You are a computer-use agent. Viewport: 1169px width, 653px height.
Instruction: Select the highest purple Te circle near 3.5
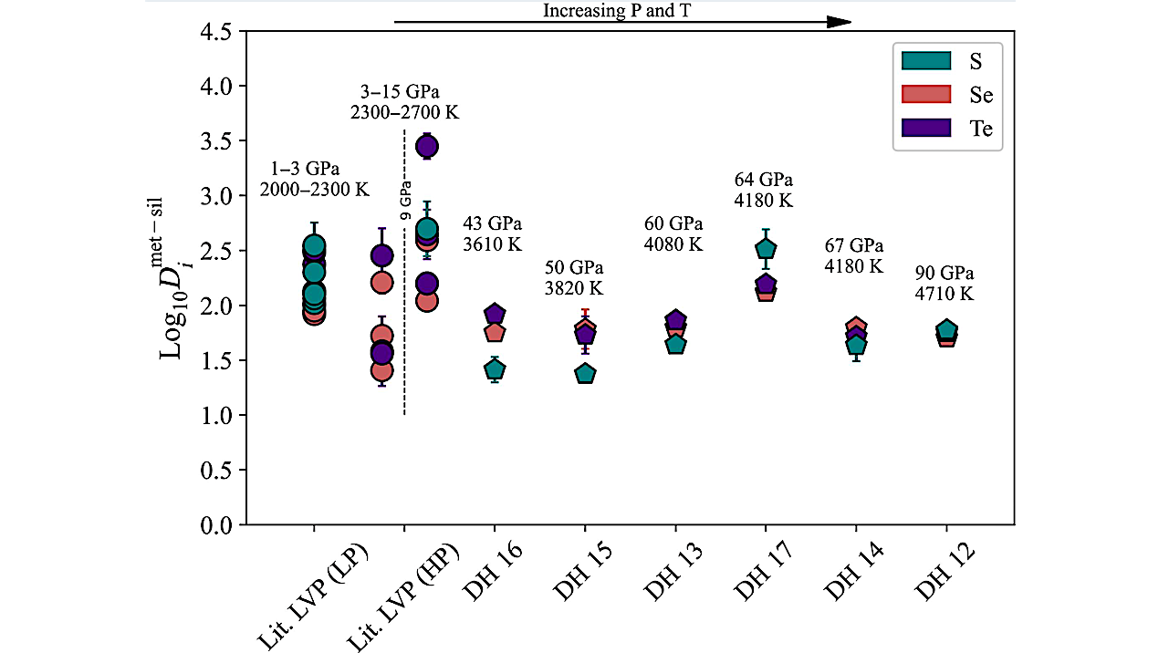click(426, 146)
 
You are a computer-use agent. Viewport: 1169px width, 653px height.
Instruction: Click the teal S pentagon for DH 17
click(765, 249)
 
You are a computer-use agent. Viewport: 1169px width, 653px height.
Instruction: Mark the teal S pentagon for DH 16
click(494, 369)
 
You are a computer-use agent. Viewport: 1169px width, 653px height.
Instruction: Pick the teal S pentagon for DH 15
click(585, 374)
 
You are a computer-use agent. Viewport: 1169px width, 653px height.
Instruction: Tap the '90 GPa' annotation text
click(945, 274)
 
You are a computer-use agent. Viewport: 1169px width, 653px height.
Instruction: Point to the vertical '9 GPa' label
click(407, 202)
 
